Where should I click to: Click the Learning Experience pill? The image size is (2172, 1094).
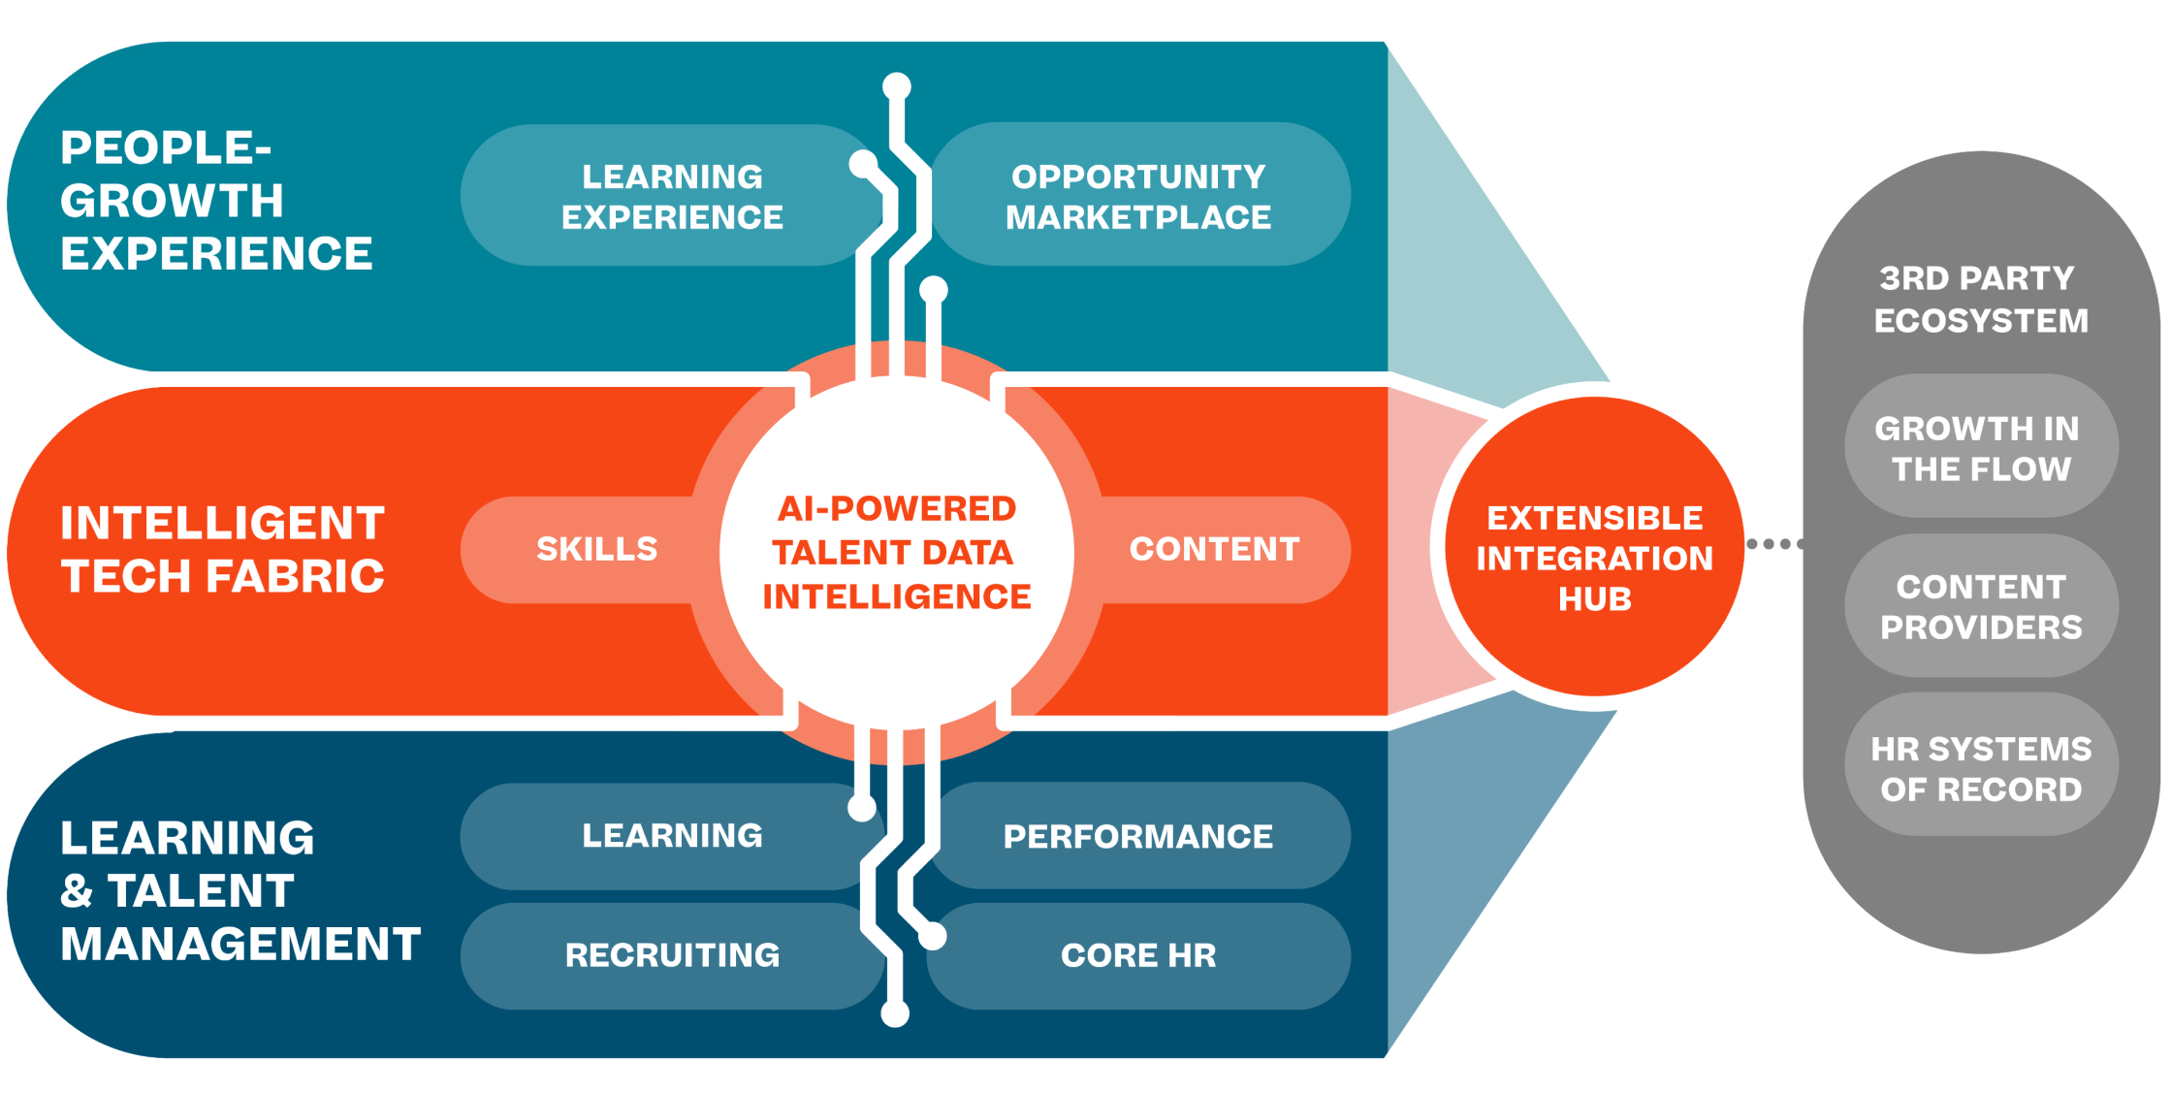(x=672, y=195)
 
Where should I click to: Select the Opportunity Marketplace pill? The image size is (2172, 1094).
(x=1139, y=194)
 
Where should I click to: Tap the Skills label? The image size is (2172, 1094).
(x=597, y=549)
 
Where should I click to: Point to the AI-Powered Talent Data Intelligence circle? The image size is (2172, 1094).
(x=897, y=552)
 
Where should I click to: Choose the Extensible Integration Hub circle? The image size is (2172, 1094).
(x=1595, y=546)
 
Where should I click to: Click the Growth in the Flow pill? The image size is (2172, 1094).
(x=1981, y=446)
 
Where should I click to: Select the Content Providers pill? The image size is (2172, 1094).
(x=1981, y=606)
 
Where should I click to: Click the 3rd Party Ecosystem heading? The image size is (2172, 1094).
(x=1980, y=300)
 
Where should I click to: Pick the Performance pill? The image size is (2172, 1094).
(x=1139, y=836)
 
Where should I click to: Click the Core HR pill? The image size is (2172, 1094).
(x=1139, y=956)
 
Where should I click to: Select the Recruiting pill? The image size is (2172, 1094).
(x=672, y=956)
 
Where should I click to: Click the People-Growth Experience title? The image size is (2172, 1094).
(x=216, y=201)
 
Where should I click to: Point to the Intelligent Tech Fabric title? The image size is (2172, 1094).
(x=223, y=550)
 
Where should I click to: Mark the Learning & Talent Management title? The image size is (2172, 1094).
(x=240, y=890)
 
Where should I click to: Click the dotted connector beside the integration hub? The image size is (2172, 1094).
(x=1775, y=544)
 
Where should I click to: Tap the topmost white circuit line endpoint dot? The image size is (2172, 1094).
(x=897, y=86)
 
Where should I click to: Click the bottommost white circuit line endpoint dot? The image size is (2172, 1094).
(x=895, y=1014)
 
